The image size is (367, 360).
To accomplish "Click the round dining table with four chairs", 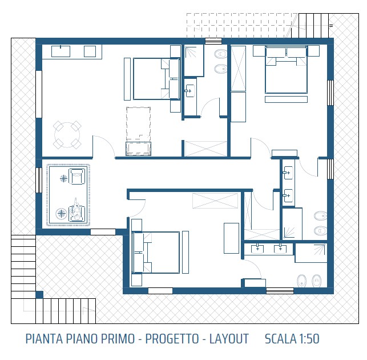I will pyautogui.click(x=67, y=135).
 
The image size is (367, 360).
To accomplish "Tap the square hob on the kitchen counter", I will pyautogui.click(x=90, y=51).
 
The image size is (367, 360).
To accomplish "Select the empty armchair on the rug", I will pyautogui.click(x=76, y=177).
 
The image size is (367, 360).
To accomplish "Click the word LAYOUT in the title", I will pyautogui.click(x=228, y=339).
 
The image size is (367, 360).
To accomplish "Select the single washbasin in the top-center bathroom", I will pyautogui.click(x=189, y=90).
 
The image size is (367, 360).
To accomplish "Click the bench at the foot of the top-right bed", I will pyautogui.click(x=285, y=153).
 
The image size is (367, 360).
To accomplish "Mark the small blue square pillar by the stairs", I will pyautogui.click(x=39, y=294).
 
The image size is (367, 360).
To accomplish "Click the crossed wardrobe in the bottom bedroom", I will pyautogui.click(x=215, y=202).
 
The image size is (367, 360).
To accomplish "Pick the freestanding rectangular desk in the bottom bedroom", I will pyautogui.click(x=231, y=238).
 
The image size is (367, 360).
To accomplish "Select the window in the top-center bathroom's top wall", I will pyautogui.click(x=213, y=41).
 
